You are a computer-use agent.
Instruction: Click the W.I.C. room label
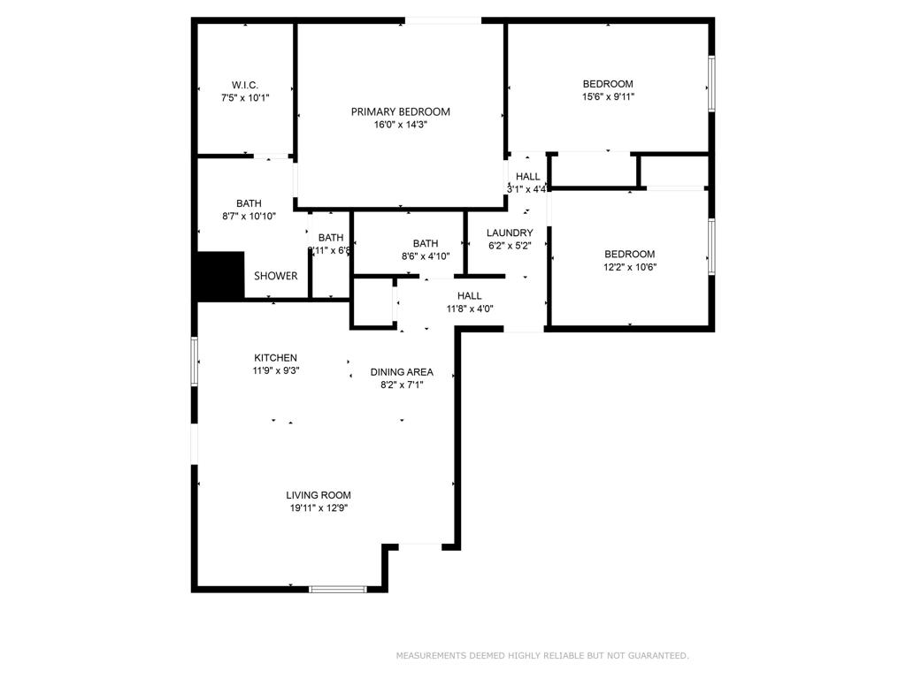[245, 85]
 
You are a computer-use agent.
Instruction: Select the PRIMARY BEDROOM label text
[400, 111]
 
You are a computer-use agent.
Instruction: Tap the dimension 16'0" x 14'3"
[400, 126]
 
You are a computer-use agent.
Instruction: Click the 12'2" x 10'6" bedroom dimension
[629, 267]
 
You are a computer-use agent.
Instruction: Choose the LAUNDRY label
[510, 233]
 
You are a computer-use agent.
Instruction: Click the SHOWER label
[276, 276]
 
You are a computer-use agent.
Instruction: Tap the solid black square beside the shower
[219, 275]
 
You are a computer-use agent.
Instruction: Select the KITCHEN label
[274, 358]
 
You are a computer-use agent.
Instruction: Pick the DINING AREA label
[402, 372]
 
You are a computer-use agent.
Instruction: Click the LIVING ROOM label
[319, 495]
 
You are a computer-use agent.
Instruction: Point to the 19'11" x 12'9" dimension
[319, 508]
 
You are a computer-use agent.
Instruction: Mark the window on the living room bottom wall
[337, 588]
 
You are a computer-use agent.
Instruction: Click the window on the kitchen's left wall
[195, 361]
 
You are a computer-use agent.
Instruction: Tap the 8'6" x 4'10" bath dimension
[426, 256]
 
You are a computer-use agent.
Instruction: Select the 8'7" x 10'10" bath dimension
[249, 217]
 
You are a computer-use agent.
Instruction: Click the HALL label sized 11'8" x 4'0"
[469, 295]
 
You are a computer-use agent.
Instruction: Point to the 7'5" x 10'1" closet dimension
[245, 98]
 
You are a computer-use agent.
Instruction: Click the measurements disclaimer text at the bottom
[541, 656]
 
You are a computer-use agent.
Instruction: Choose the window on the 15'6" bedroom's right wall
[711, 85]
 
